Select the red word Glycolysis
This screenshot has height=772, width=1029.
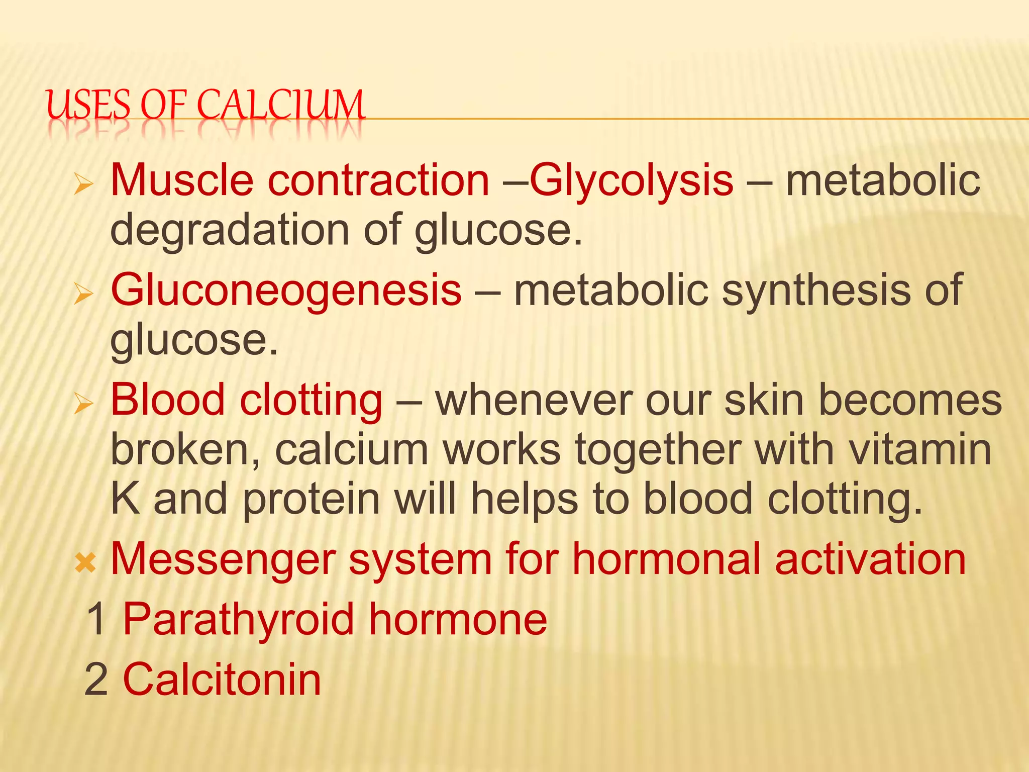point(632,181)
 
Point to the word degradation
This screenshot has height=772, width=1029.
point(230,230)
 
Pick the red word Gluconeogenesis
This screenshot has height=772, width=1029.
point(286,291)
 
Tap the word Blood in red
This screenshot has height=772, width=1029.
point(167,400)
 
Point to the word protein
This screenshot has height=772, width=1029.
point(311,499)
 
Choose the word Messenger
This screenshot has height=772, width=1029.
point(223,559)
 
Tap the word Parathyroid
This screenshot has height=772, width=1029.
point(239,619)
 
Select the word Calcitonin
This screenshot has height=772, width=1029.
point(222,680)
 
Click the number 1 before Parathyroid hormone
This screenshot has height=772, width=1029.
point(96,619)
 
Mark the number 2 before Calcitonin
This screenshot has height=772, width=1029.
point(96,680)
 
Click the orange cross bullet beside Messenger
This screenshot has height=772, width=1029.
point(85,563)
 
